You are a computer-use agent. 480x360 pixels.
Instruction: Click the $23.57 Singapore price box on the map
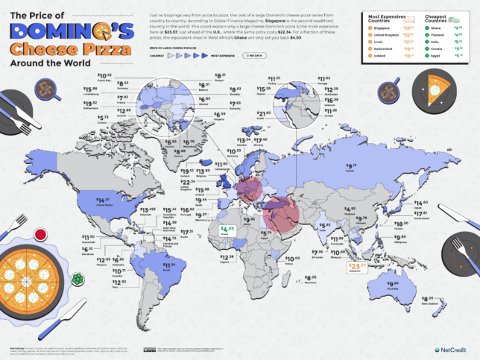click(359, 266)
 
